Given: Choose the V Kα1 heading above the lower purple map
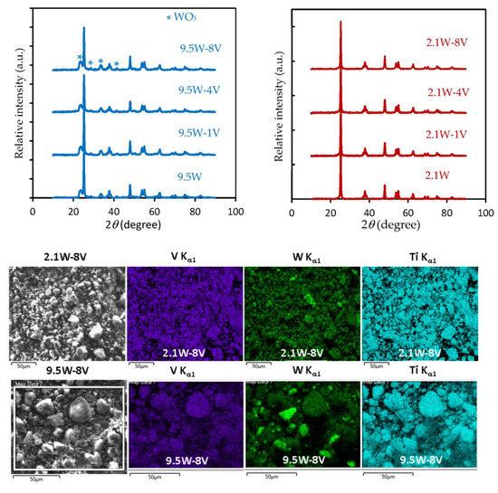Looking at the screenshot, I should (182, 369).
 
